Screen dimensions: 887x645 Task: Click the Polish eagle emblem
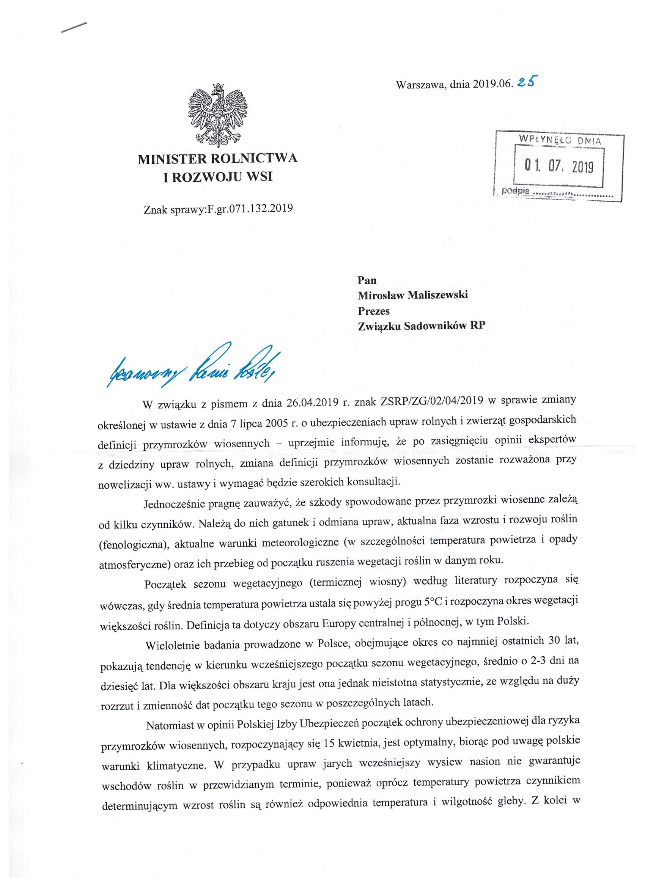click(x=217, y=116)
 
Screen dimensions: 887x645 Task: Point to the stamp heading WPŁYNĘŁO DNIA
click(x=559, y=140)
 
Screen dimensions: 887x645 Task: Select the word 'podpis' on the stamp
click(x=516, y=191)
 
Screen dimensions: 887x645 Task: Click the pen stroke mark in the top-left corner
click(x=74, y=29)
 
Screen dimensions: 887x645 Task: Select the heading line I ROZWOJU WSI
click(x=217, y=177)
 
